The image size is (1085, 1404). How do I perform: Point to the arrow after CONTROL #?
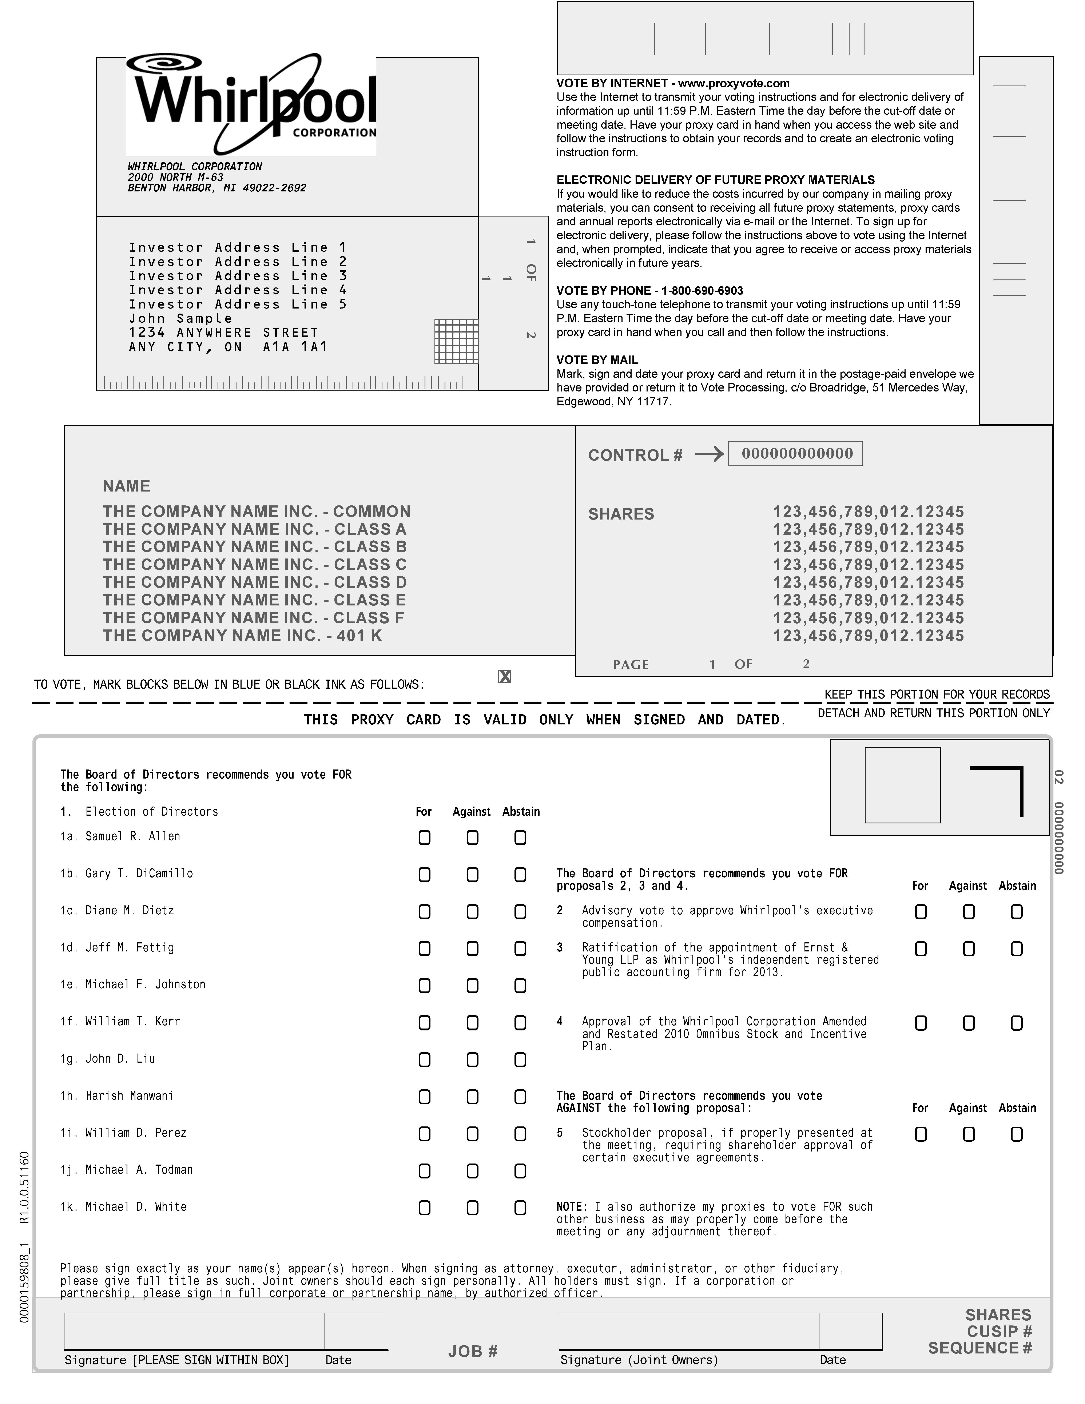point(709,454)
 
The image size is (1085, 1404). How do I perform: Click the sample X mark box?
point(505,676)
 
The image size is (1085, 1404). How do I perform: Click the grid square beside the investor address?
point(456,341)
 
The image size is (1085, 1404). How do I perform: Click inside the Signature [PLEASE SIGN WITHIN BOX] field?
point(194,1331)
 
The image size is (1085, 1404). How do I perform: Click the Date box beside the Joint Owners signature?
point(850,1331)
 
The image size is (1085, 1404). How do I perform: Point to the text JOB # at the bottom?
point(473,1351)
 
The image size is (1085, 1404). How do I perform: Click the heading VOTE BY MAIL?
point(597,360)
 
